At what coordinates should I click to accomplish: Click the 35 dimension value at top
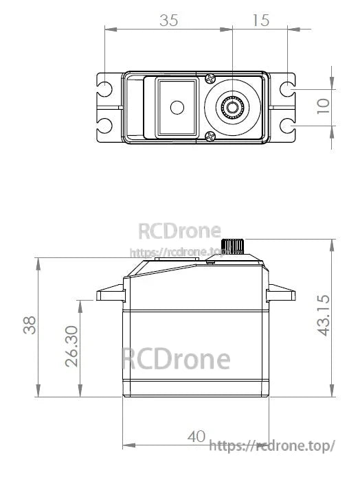pos(168,21)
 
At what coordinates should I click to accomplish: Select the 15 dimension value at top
pos(260,21)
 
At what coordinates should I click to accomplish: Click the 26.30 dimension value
pos(72,345)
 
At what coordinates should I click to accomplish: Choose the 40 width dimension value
pos(197,437)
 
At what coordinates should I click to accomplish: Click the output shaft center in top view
pos(232,106)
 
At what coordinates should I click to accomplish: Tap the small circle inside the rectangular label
pos(178,106)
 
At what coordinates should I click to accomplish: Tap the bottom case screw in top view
pos(209,136)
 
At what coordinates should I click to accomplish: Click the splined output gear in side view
pos(236,246)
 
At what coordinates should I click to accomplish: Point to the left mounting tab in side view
pos(110,296)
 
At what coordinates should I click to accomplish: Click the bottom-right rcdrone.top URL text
pos(271,446)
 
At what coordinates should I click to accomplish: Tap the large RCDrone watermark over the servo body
pos(176,359)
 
